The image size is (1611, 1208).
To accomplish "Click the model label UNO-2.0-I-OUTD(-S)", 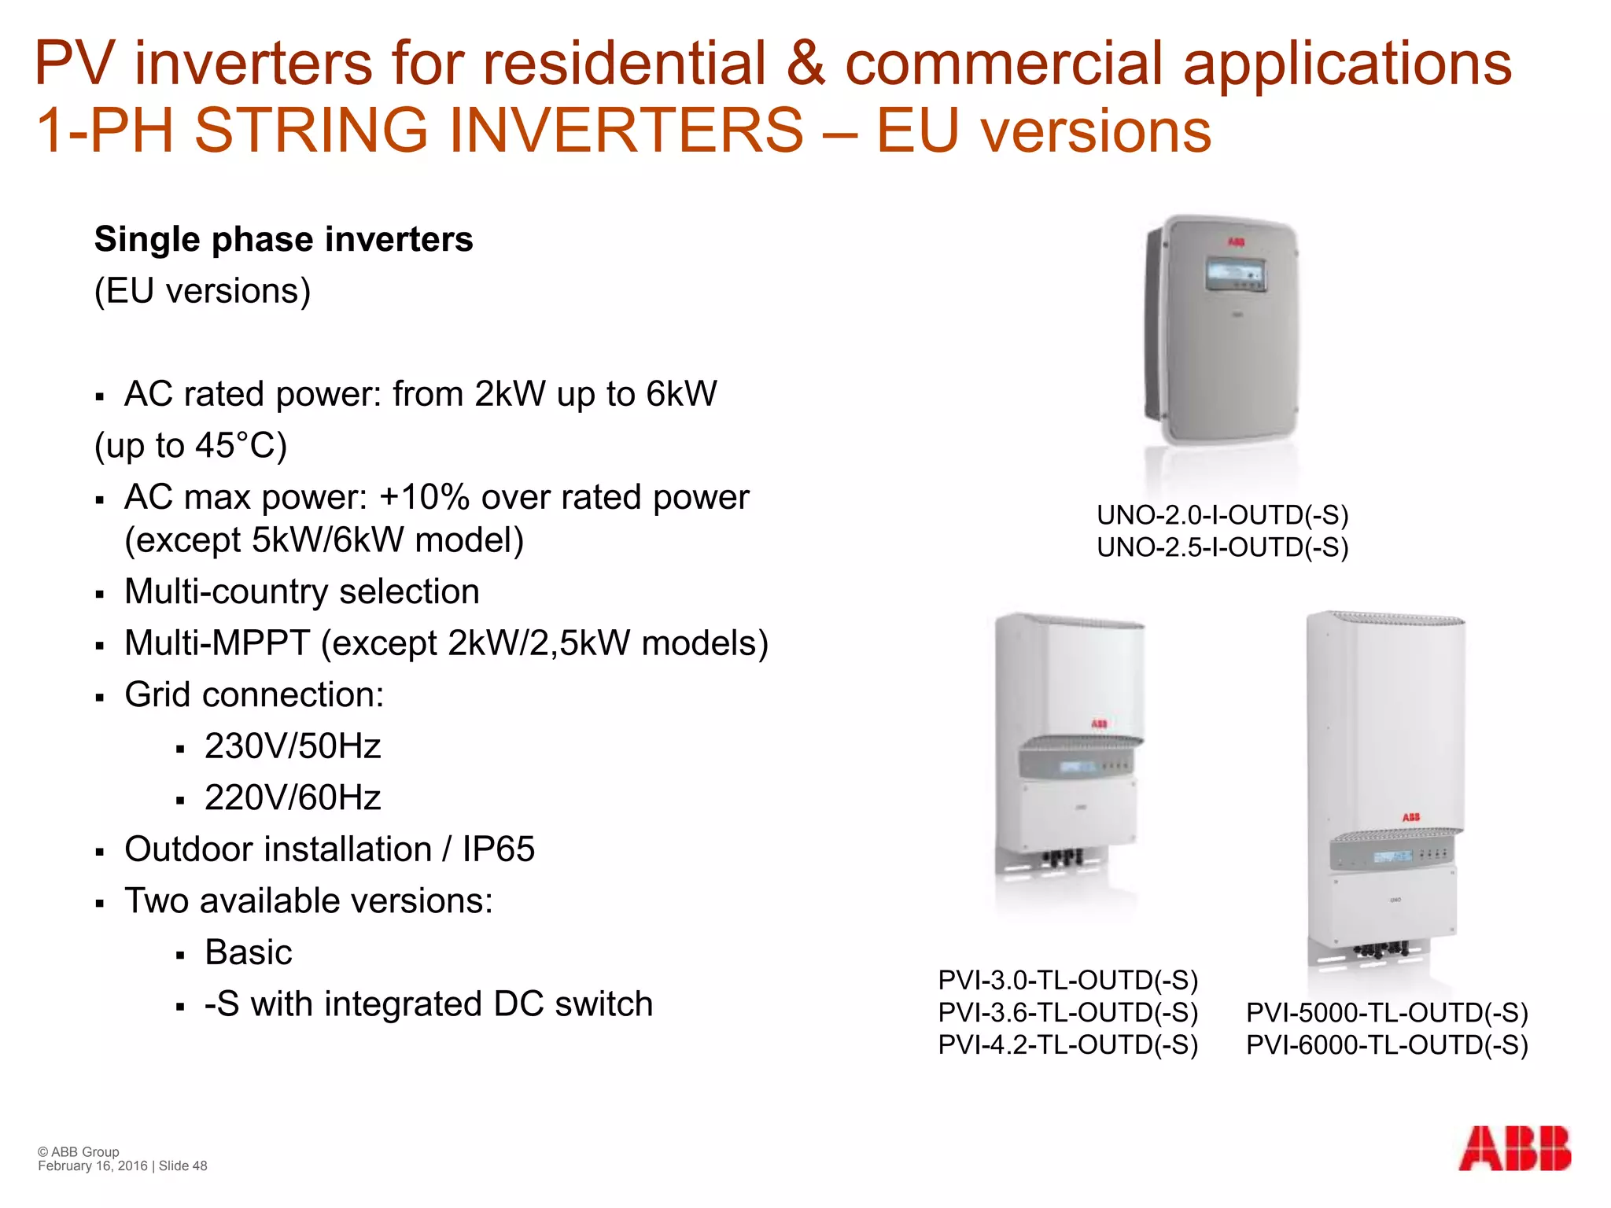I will tap(1222, 515).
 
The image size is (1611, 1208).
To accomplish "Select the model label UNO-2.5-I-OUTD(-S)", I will tap(1222, 547).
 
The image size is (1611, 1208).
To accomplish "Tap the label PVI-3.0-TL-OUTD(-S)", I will tap(1067, 980).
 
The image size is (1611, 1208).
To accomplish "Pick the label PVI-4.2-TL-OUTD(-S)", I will tap(1067, 1044).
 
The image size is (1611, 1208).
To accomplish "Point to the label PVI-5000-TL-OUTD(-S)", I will tap(1387, 1013).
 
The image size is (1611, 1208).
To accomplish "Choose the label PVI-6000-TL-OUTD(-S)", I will tap(1387, 1045).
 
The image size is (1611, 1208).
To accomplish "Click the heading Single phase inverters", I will tap(283, 239).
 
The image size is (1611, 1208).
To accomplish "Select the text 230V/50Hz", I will tap(293, 746).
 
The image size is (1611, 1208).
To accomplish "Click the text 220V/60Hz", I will tap(293, 798).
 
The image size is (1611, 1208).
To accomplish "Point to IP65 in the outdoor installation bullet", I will tap(498, 849).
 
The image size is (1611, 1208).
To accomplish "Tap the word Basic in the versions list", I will tap(249, 952).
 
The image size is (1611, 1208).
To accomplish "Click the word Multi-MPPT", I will tap(217, 643).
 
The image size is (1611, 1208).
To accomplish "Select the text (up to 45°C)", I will tap(190, 446).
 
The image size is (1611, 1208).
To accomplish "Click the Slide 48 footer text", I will tap(182, 1166).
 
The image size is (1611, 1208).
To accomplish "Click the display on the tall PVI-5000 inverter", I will tap(1392, 856).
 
